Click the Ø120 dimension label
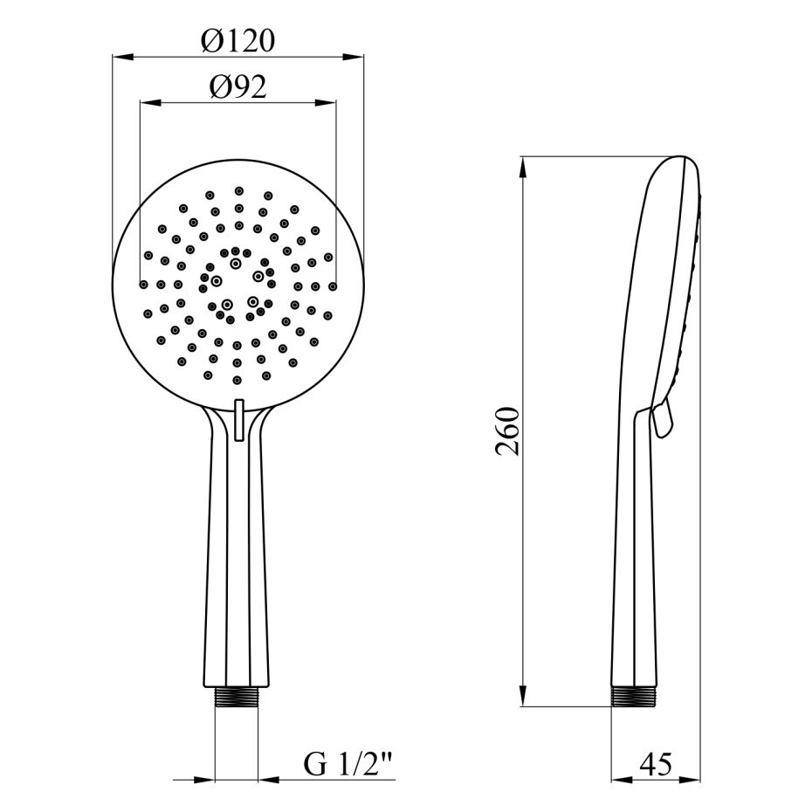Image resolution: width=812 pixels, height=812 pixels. (237, 41)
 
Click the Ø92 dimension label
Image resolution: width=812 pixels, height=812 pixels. (237, 86)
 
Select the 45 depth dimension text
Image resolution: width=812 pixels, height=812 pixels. (655, 764)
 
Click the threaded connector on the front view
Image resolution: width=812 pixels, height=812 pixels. (236, 697)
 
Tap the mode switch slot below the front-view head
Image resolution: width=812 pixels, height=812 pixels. (238, 419)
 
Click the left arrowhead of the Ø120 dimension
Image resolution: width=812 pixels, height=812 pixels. (123, 57)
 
